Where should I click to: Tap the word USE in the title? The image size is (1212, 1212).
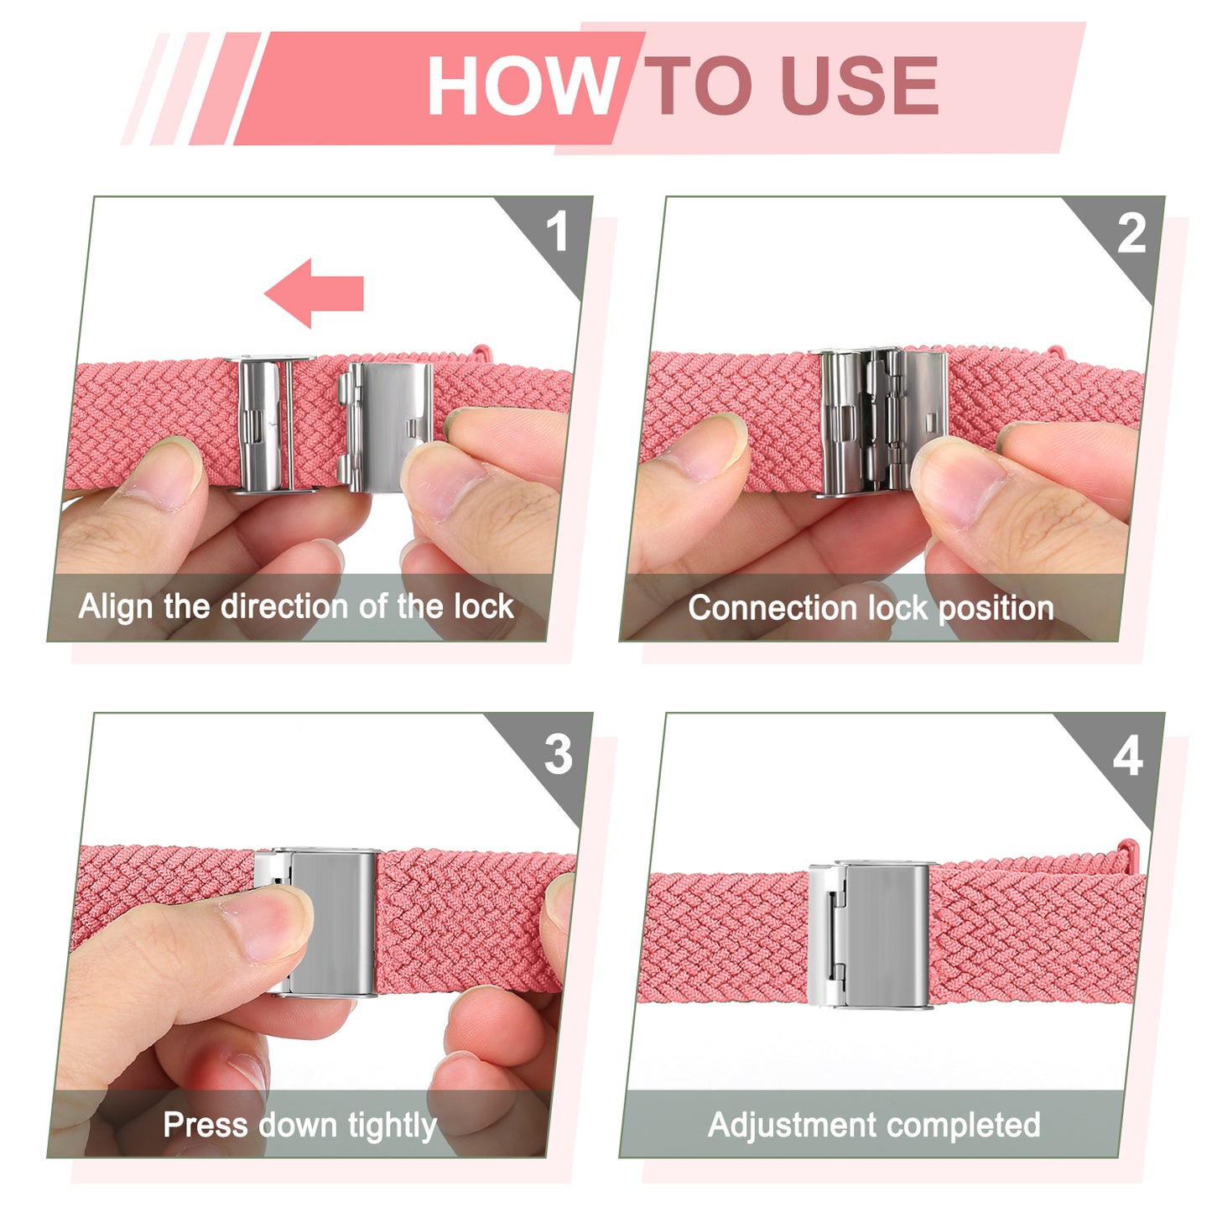pos(860,85)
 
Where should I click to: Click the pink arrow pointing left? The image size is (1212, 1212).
pos(314,293)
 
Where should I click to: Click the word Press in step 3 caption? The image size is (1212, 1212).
pos(205,1126)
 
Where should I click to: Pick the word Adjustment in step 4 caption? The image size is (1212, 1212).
pos(793,1126)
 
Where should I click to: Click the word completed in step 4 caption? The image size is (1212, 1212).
pos(964,1126)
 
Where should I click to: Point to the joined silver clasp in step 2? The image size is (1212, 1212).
pos(883,422)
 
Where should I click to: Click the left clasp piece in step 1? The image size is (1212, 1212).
pos(269,424)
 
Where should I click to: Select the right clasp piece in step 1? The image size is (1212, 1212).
pos(385,426)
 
